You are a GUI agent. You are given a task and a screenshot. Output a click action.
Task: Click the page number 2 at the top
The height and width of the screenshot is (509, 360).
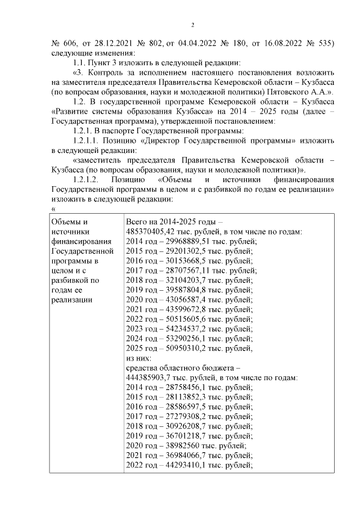tap(192, 25)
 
